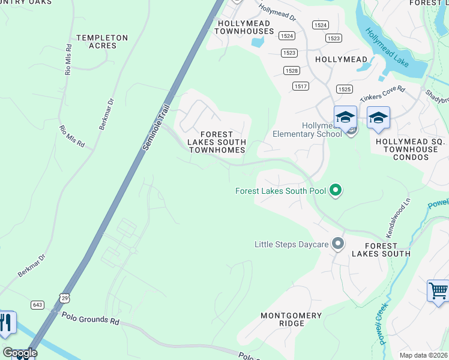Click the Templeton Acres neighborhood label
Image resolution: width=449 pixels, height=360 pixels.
tap(102, 41)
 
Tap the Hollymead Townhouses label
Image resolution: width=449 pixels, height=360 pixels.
tap(244, 27)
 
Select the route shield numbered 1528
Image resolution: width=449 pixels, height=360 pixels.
tap(292, 71)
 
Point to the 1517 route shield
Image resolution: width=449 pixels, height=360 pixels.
tap(301, 86)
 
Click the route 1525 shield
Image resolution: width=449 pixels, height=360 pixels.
tap(344, 89)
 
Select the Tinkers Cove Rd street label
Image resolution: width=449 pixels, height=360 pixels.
tap(382, 94)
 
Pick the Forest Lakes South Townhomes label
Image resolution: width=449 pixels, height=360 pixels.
tap(217, 142)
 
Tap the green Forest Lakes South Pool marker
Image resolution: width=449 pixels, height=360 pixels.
tap(336, 191)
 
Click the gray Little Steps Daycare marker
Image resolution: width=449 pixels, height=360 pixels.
tap(338, 244)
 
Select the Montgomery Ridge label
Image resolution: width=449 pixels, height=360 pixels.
tap(291, 319)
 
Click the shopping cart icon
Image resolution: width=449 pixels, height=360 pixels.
tap(438, 291)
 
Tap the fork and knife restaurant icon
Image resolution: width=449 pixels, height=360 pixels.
tap(6, 323)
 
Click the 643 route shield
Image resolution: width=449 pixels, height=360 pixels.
tap(38, 305)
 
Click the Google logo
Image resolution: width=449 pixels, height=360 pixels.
tap(20, 353)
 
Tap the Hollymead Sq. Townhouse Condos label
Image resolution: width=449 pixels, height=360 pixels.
tap(411, 149)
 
